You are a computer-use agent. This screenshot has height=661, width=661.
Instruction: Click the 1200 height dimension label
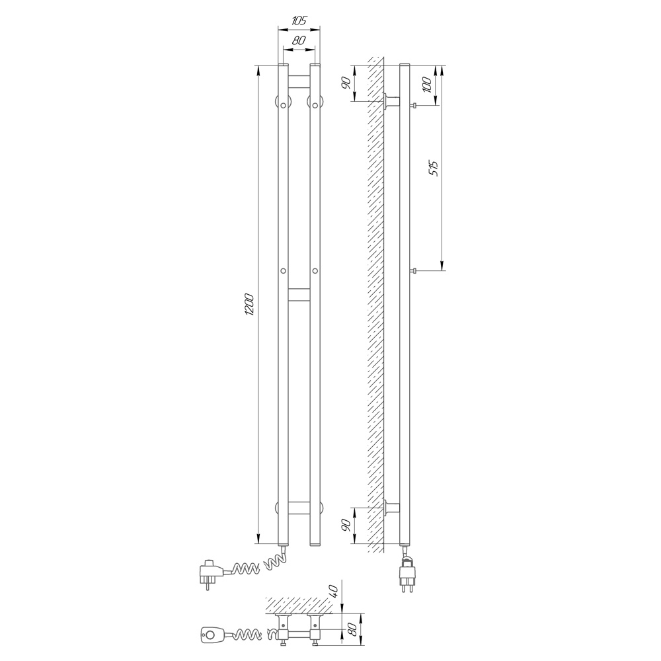tap(249, 304)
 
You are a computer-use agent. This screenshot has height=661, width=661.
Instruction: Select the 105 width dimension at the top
tap(299, 20)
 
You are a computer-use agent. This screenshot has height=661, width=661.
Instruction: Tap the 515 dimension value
tap(434, 168)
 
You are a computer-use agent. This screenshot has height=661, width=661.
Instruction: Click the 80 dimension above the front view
tap(299, 41)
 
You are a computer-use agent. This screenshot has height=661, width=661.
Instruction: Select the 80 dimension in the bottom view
tap(353, 629)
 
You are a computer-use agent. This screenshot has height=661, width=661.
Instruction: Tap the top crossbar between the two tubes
tap(299, 81)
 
